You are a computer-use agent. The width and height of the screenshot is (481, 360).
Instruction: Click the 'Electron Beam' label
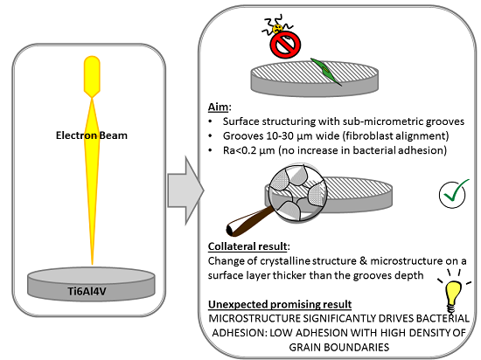[x=92, y=135]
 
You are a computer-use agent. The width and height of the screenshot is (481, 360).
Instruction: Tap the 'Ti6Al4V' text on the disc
[x=87, y=291]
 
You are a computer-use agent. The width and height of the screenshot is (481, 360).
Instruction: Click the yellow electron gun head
[x=92, y=77]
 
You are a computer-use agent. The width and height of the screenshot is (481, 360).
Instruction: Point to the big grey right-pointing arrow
[x=185, y=190]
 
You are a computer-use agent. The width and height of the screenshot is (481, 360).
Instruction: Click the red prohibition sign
[x=285, y=45]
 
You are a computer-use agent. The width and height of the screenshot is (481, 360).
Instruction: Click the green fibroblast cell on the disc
[x=326, y=72]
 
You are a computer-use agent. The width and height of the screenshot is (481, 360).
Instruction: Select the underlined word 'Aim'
[x=218, y=107]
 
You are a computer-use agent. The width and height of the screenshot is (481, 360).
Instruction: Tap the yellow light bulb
[x=453, y=294]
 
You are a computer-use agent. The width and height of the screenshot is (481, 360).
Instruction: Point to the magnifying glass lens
[x=298, y=193]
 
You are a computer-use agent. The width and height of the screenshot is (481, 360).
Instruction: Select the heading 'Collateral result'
[x=247, y=246]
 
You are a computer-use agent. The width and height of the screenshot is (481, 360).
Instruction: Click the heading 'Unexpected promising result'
[x=280, y=304]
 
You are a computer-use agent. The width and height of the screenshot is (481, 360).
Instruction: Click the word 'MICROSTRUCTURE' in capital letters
[x=254, y=318]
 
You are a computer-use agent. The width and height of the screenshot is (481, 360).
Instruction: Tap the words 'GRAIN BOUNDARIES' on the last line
[x=339, y=348]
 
